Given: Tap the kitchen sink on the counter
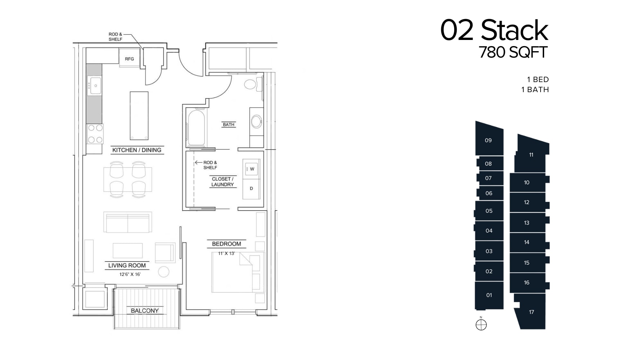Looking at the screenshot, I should pos(95,86).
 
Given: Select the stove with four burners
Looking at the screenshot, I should pos(95,134).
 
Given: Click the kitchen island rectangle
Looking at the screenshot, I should pos(139,116).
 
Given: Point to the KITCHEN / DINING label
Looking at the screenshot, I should pos(137,150).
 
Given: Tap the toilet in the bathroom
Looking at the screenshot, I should pos(250,85).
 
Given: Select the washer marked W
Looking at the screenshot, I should pos(251,169).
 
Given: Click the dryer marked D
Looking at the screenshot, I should pos(251,188).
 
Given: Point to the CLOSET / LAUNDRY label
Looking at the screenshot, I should pos(222,181).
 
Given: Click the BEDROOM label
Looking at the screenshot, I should pos(226,244).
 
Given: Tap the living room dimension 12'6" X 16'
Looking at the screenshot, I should pos(130,274).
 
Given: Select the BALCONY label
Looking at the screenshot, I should pos(145,310).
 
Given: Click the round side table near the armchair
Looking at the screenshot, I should pos(164,271).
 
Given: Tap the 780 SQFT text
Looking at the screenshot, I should pos(513,53).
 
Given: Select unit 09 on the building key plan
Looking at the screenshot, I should pos(488,140).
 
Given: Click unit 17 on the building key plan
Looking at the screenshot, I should pos(531,312).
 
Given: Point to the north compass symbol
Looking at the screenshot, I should pos(481,324).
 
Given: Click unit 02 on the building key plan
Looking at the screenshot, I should pos(489,271).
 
